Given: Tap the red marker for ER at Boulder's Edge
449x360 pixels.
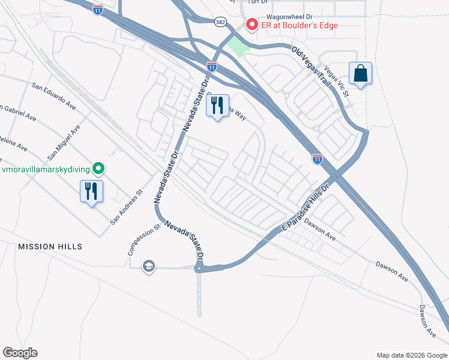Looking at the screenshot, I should pos(251,25).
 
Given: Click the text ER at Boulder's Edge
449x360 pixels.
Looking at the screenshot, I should pos(299,25).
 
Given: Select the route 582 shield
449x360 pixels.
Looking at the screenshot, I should pos(220,21).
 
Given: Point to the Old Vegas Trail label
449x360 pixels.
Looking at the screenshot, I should pos(312,67).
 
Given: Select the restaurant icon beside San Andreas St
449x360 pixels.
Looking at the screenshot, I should pos(92,191).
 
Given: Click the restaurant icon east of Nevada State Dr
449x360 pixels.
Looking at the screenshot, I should pos(218,106).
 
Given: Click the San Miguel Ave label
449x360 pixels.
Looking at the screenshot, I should pos(64,142).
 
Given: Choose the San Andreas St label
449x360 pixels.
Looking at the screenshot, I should pos(125,208).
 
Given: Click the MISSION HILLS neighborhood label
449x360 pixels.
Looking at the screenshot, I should pos(50,247).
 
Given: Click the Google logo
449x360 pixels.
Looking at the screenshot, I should pos(20,353).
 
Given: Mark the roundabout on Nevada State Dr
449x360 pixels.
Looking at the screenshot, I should pos(199,269).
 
